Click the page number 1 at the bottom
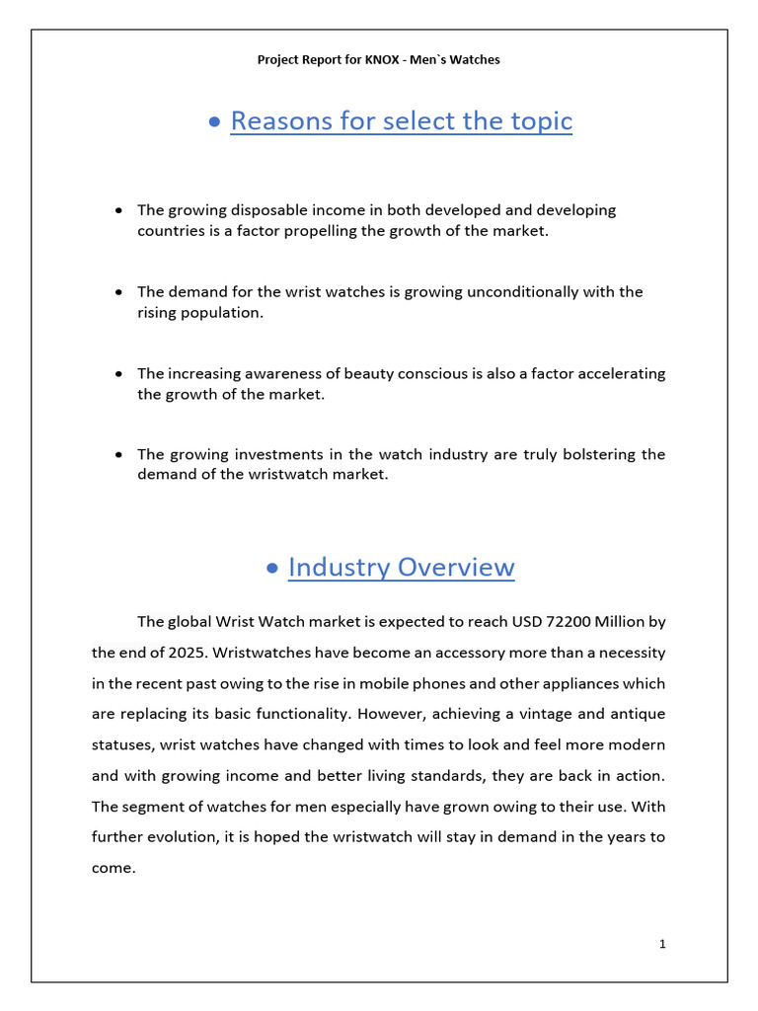pos(663,944)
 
